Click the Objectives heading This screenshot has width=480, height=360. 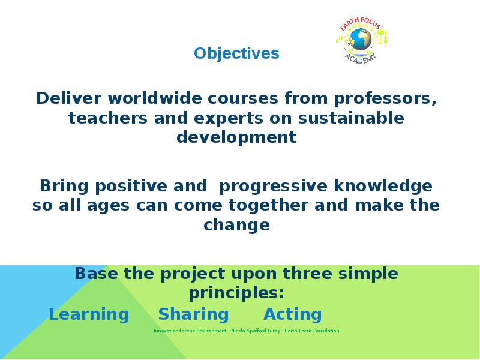[x=236, y=53]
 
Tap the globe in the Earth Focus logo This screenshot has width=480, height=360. [x=361, y=39]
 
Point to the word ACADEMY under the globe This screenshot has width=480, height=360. [x=361, y=58]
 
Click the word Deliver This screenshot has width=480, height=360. [x=68, y=98]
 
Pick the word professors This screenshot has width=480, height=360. [x=385, y=99]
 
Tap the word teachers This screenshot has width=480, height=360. [x=108, y=118]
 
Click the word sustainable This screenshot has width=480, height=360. [x=351, y=118]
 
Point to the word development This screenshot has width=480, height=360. [x=236, y=137]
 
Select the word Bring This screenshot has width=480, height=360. [x=64, y=187]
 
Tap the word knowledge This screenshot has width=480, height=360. [x=383, y=187]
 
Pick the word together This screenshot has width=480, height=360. [x=268, y=205]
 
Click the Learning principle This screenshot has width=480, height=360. [x=89, y=314]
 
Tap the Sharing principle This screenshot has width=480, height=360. [x=193, y=314]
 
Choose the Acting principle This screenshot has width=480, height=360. [x=293, y=314]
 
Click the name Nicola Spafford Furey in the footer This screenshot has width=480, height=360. [x=256, y=331]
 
